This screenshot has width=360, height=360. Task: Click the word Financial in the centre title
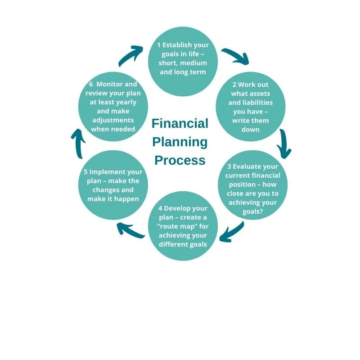point(180,124)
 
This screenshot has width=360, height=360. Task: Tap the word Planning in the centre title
point(180,142)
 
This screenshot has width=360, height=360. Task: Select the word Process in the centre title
point(180,160)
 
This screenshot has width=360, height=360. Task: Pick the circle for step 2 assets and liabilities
point(251,107)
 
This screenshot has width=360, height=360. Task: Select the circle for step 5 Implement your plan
point(113,185)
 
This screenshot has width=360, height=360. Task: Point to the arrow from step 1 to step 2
point(235,56)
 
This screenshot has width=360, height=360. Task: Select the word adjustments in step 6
point(113,120)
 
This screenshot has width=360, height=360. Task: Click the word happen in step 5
point(126,199)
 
